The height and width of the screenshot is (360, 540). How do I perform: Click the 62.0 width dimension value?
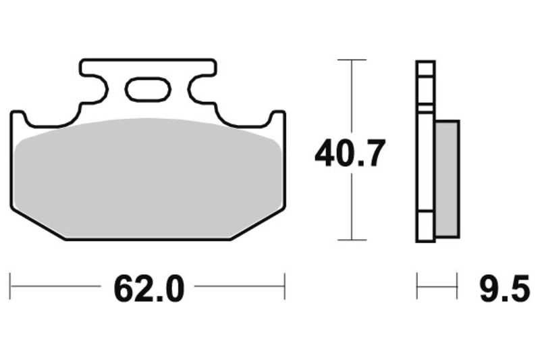pyautogui.click(x=148, y=289)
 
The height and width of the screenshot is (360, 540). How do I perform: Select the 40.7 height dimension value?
pyautogui.click(x=350, y=155)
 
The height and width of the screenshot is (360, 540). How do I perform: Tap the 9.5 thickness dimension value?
pyautogui.click(x=504, y=289)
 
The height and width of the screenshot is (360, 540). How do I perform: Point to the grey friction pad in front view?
pyautogui.click(x=148, y=179)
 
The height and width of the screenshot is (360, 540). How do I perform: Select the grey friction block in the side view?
pyautogui.click(x=447, y=179)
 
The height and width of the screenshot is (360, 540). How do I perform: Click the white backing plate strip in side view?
pyautogui.click(x=425, y=152)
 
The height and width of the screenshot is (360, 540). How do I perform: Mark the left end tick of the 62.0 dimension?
pyautogui.click(x=10, y=286)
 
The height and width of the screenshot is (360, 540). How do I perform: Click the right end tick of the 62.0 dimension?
pyautogui.click(x=285, y=286)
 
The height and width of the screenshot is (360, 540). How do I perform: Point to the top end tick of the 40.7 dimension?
pyautogui.click(x=351, y=60)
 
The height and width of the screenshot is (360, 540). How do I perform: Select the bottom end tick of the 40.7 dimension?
pyautogui.click(x=351, y=240)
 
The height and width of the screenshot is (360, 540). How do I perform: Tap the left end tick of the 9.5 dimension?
pyautogui.click(x=417, y=286)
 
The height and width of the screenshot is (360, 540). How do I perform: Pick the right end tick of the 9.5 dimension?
pyautogui.click(x=458, y=286)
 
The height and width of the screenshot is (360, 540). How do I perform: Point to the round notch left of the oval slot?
pyautogui.click(x=101, y=88)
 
